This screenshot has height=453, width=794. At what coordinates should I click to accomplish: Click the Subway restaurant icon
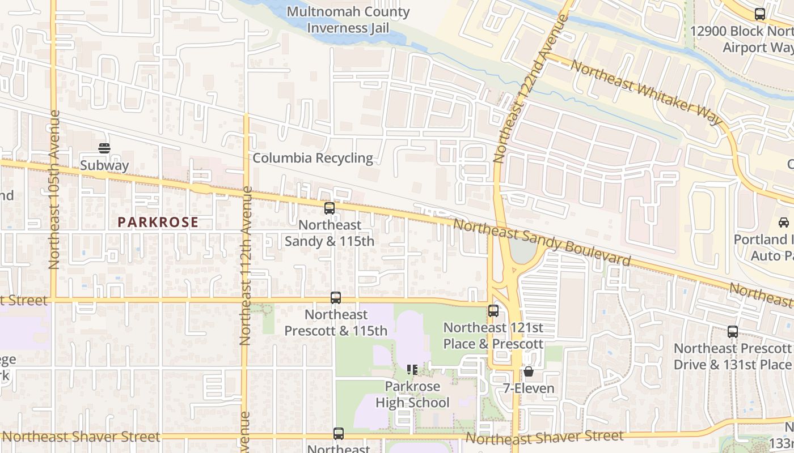point(104,148)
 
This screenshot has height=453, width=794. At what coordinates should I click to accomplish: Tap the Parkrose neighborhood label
point(158,222)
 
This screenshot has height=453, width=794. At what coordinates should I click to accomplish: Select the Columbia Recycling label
point(312,158)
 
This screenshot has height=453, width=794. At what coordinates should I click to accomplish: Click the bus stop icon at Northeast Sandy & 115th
point(330,208)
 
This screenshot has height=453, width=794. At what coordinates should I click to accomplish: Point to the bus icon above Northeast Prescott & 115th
point(336,298)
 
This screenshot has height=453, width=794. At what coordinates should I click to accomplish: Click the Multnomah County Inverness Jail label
point(348,20)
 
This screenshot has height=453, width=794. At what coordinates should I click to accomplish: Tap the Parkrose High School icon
point(412,370)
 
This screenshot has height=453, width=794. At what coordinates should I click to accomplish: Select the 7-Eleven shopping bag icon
point(529,371)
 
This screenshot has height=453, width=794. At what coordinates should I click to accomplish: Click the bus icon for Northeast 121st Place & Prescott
point(493,310)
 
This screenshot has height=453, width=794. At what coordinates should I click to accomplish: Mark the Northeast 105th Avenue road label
point(54,190)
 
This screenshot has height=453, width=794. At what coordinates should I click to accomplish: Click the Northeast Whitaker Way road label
point(647,92)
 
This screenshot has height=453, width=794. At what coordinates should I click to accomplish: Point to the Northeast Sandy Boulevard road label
point(542,242)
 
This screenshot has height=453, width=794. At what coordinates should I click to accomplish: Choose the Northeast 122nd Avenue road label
point(530,89)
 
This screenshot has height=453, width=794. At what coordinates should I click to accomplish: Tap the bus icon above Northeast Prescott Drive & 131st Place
point(733,332)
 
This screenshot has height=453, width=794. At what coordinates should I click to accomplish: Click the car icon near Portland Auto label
point(783,222)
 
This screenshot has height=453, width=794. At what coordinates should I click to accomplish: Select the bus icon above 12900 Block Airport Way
point(760,15)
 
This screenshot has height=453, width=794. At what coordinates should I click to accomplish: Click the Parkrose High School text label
point(412,395)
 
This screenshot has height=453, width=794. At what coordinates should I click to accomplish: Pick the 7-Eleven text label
point(529,389)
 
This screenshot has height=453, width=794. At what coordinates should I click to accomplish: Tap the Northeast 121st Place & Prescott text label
point(493,336)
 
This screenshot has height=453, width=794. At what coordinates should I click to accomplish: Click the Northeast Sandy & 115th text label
point(330,233)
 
